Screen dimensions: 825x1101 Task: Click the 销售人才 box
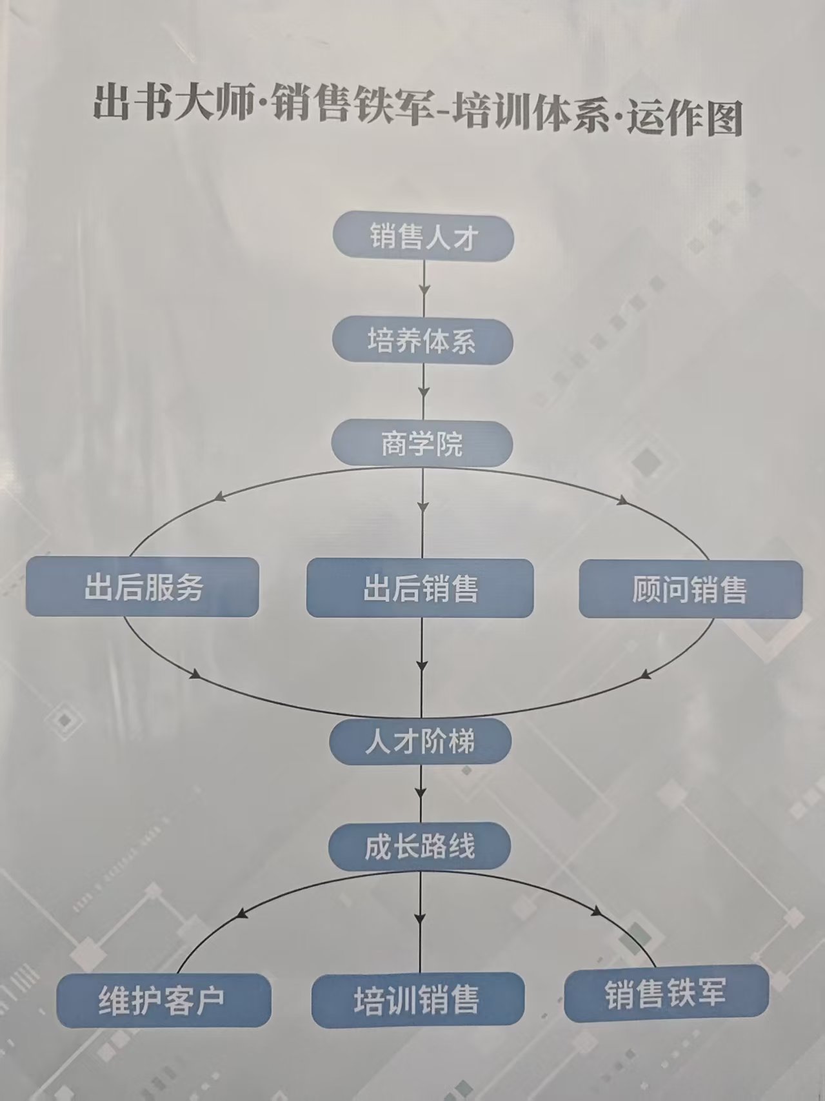tap(423, 236)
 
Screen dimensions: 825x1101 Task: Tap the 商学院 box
tap(422, 443)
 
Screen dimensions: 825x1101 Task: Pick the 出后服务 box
tap(143, 587)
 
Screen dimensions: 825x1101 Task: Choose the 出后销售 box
tap(420, 588)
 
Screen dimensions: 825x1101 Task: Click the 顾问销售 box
tap(691, 589)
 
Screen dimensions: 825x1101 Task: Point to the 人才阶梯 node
tap(421, 741)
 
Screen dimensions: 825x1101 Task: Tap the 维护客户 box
tap(163, 1000)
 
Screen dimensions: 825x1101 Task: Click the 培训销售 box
tap(418, 1000)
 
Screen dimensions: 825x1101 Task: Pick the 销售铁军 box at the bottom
tap(666, 993)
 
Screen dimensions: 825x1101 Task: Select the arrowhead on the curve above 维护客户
tap(243, 913)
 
